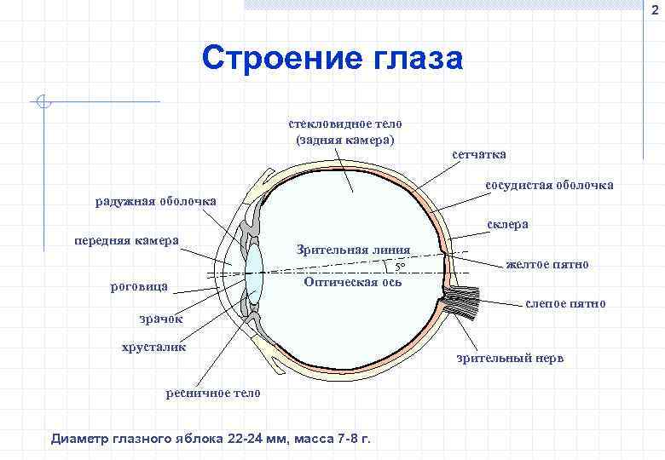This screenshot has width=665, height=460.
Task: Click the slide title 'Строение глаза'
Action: coord(332,59)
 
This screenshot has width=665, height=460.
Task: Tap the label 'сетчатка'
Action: coord(478,154)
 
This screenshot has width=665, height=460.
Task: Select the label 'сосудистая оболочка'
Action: coord(549,185)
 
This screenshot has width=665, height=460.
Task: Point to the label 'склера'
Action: coord(507,224)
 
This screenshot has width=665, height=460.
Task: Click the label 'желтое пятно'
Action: coord(546,264)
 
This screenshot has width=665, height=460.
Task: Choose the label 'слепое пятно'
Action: coord(565,303)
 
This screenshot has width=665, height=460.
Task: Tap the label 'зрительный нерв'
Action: coord(509,358)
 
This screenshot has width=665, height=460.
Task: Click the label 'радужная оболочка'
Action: coord(155,202)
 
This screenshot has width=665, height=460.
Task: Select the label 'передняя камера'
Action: coord(126,240)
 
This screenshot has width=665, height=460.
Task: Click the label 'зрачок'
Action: coord(162,319)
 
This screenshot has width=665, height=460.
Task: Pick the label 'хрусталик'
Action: coord(153,347)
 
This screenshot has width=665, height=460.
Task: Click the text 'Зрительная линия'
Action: coord(353,250)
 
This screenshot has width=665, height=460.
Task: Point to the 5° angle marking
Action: coord(399,267)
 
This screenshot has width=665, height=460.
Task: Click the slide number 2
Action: coord(656,9)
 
